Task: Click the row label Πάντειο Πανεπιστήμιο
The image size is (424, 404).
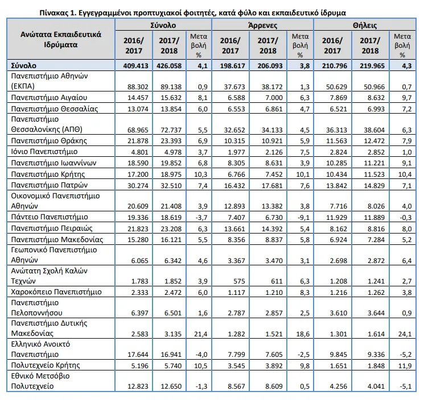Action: tap(50, 217)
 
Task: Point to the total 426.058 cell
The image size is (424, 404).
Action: tap(169, 65)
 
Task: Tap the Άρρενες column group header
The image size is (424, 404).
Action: tap(262, 26)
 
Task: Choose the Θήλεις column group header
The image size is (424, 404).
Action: tap(365, 26)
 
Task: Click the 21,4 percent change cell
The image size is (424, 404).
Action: tap(201, 334)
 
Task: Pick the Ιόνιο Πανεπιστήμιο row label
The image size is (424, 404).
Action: tap(44, 152)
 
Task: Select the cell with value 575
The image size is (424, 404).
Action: tap(238, 281)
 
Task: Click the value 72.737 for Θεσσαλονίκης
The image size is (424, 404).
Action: tap(171, 130)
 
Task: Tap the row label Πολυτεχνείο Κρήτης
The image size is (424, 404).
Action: tap(46, 365)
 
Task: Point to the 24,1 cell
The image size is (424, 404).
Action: tap(405, 334)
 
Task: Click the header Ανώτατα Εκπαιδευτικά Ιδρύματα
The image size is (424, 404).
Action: tap(61, 39)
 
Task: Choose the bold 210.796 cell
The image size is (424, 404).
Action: tap(335, 65)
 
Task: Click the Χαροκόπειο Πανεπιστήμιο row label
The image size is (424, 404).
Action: tap(56, 292)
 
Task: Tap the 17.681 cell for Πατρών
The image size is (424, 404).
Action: tap(272, 186)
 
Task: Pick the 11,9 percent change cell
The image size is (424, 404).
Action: tap(405, 366)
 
